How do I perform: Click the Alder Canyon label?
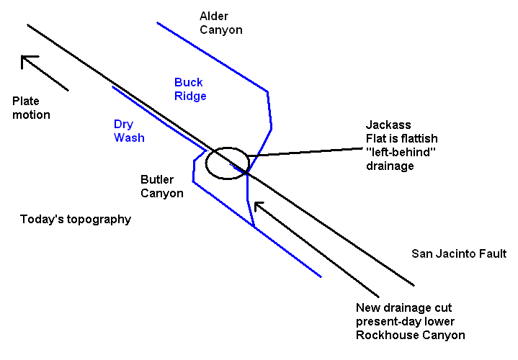pos(220,23)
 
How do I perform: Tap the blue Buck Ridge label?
pos(190,89)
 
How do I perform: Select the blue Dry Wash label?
pos(129,130)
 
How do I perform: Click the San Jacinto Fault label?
pos(459,253)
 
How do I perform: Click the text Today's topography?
pos(76,219)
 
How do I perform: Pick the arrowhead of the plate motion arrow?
pos(26,60)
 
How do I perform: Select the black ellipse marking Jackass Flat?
pos(226,163)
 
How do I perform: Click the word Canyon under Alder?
pos(220,30)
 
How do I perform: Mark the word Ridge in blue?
pos(190,96)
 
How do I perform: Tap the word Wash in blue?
pos(129,138)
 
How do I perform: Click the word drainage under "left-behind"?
pos(390,166)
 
